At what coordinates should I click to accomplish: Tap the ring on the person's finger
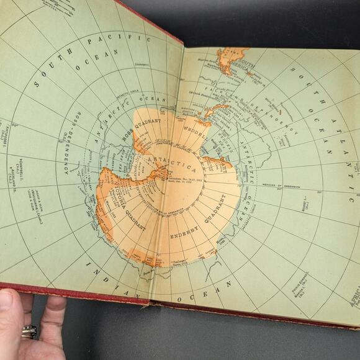coord(29,331)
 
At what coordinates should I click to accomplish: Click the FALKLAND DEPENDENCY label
coord(251,106)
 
